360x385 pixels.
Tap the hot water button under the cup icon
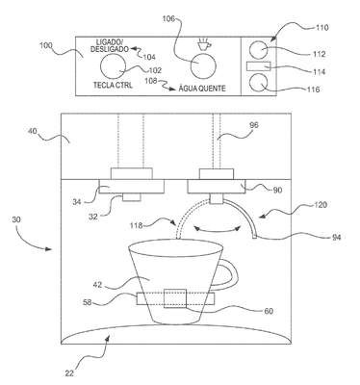point(203,65)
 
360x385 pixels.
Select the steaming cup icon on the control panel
point(203,45)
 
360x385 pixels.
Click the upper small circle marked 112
point(259,50)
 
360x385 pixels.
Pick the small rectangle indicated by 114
point(259,66)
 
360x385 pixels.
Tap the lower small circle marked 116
point(258,83)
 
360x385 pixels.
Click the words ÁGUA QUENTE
point(202,89)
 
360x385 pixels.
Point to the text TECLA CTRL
point(113,86)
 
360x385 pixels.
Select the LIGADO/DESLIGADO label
point(110,45)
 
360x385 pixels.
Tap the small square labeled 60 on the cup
point(175,298)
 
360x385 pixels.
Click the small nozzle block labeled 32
point(132,197)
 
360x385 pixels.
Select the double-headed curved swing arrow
point(218,229)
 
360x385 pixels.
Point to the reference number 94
point(336,238)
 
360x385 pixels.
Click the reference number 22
point(69,373)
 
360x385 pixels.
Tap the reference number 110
point(321,28)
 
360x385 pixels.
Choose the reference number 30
point(16,219)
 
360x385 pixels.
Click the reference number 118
point(136,225)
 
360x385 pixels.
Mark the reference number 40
point(32,131)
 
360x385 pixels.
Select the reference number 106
point(168,19)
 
